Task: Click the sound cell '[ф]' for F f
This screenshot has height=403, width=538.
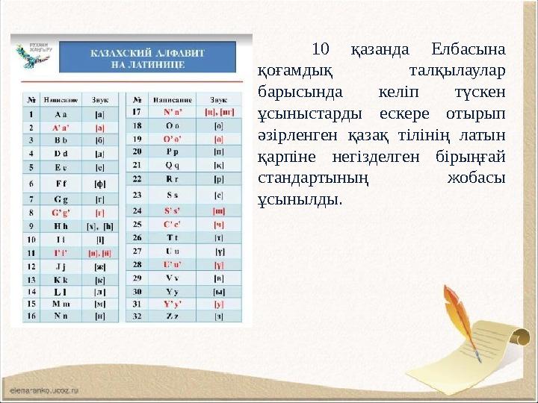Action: (99, 183)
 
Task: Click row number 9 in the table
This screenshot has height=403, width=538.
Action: (31, 225)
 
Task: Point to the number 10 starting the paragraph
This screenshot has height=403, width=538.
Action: (321, 50)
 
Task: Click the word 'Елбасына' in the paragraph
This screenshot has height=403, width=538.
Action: (469, 50)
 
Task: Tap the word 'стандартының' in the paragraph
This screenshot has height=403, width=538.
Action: (312, 178)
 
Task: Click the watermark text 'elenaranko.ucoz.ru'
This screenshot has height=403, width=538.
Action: (45, 390)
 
